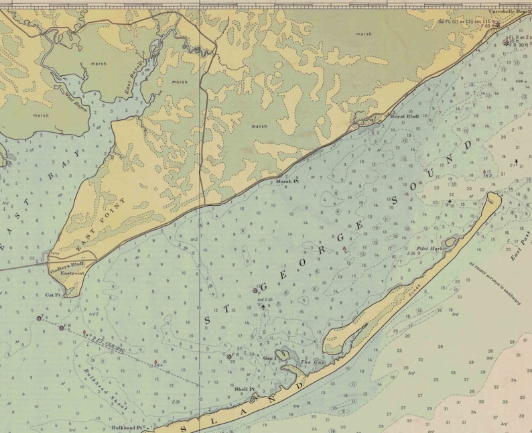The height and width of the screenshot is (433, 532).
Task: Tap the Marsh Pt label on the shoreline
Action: click(287, 182)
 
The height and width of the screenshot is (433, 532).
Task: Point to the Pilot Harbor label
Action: click(427, 248)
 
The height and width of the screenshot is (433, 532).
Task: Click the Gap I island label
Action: click(269, 359)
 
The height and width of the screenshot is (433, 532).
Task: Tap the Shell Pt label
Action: click(245, 388)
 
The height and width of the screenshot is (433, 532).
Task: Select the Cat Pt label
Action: click(53, 294)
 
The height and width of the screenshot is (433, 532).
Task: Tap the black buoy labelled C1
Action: click(515, 162)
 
